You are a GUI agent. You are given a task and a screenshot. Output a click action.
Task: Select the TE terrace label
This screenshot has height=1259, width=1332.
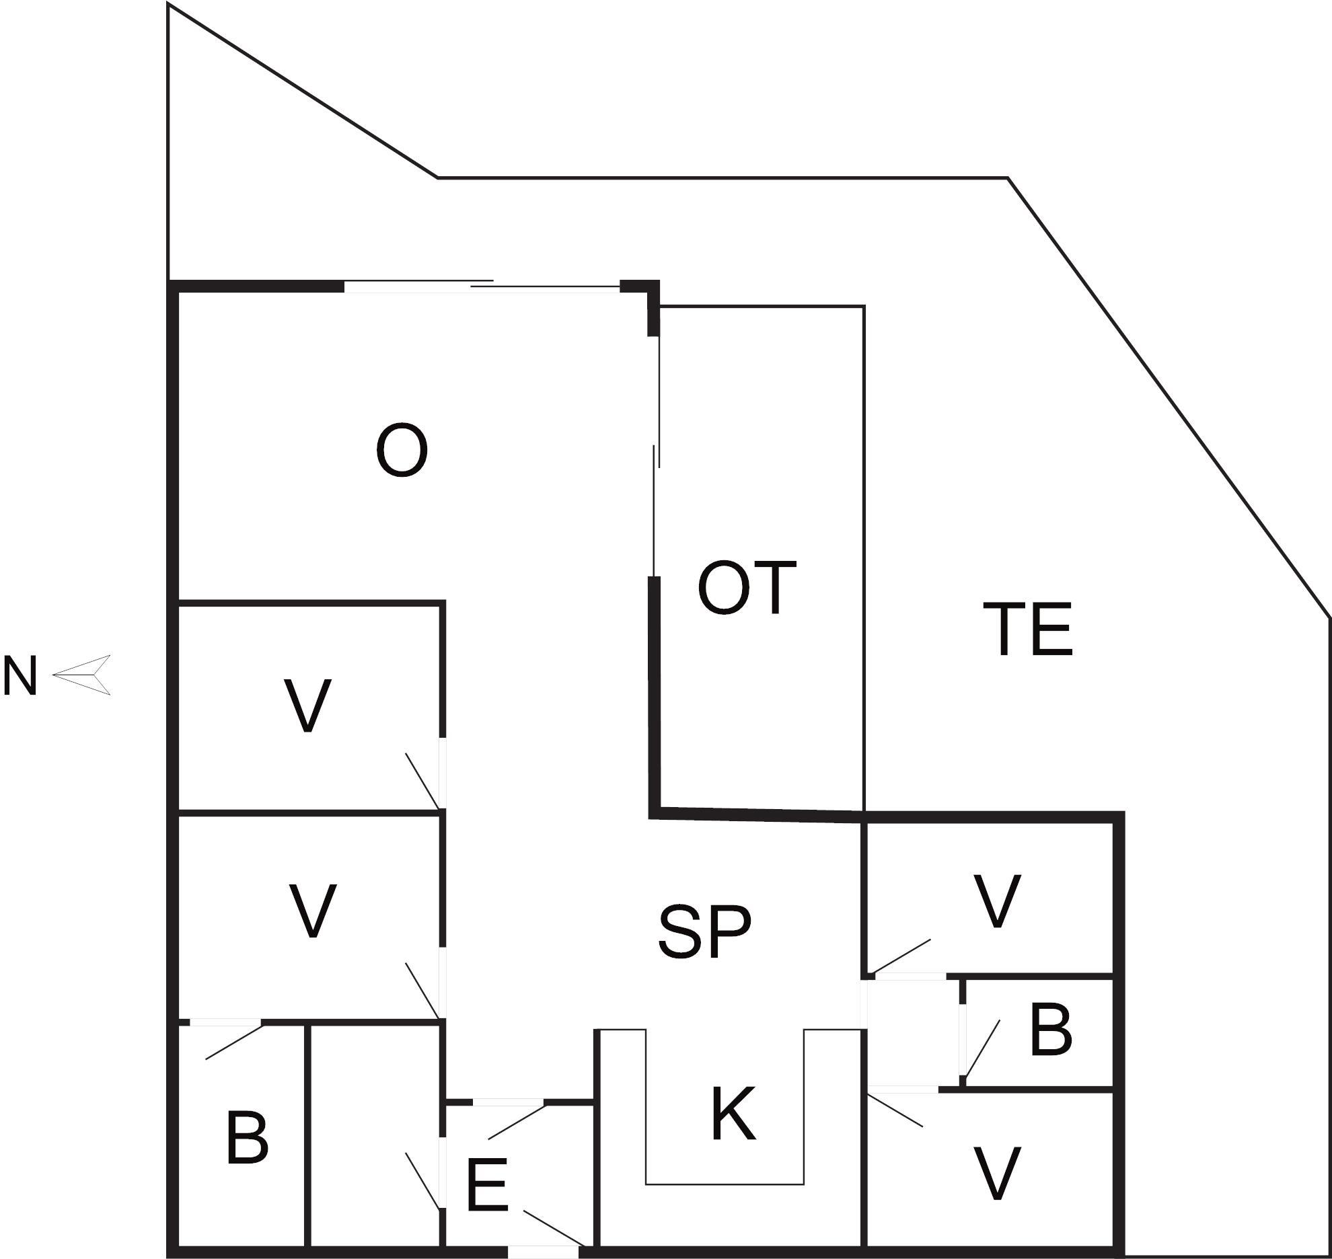click(x=1027, y=629)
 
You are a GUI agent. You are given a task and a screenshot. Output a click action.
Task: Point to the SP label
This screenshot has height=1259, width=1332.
click(x=704, y=931)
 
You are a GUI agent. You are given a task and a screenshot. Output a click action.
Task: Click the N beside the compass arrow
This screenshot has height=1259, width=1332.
click(x=20, y=676)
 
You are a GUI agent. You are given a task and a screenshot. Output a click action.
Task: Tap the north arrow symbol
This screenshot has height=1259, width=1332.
click(x=81, y=675)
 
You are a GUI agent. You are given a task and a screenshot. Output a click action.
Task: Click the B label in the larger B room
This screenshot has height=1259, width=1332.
click(x=248, y=1137)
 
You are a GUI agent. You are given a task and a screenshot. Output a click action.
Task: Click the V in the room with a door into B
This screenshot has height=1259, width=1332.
click(x=312, y=911)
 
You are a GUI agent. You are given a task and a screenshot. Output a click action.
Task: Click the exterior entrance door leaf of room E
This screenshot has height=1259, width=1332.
click(x=553, y=1228)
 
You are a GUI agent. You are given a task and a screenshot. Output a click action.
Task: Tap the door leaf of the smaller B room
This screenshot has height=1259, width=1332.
click(x=982, y=1048)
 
